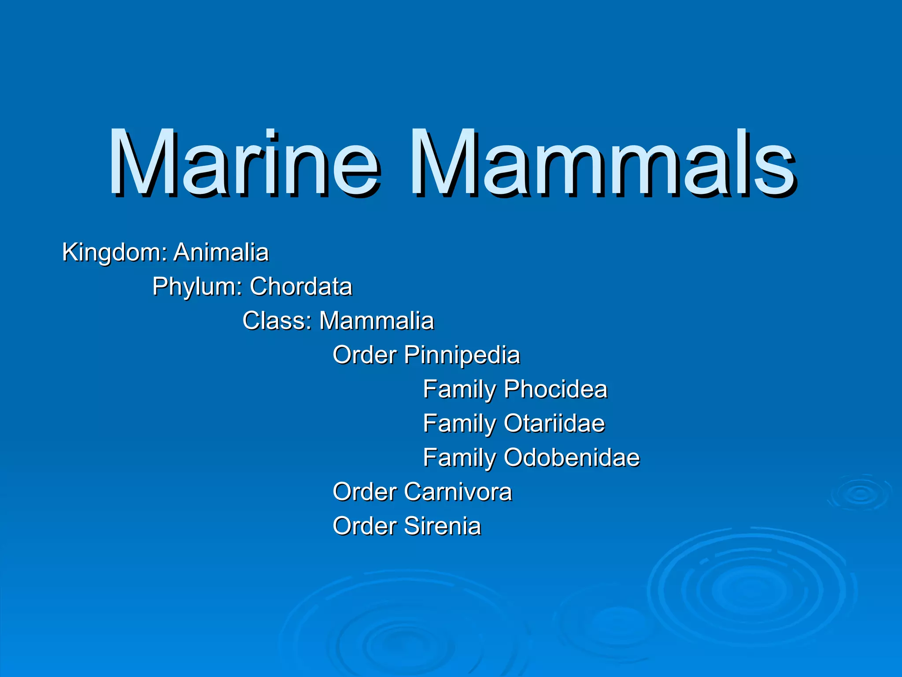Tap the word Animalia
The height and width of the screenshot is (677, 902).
coord(221,252)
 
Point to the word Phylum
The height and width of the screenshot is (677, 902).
coord(197,287)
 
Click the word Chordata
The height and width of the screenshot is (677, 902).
coord(301,286)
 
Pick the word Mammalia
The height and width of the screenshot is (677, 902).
coord(377,320)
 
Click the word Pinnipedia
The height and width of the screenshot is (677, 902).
coord(462,355)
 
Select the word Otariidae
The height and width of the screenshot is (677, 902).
coord(555,423)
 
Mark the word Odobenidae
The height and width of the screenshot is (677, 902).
coord(572,458)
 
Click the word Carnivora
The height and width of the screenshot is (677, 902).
coord(458,492)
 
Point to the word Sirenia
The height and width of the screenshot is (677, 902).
coord(443,526)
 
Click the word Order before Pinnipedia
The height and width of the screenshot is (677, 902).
coord(365,355)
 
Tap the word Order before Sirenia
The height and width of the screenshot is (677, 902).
coord(365,526)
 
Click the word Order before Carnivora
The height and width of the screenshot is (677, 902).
coord(365,492)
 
